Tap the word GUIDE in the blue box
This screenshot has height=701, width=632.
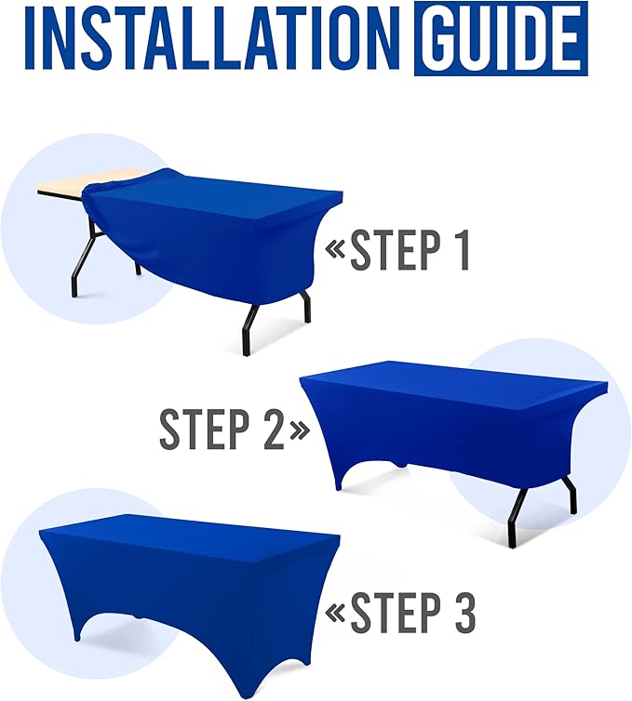501,40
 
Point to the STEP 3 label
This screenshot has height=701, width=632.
412,613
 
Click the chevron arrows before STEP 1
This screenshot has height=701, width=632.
335,248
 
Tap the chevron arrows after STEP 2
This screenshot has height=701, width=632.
299,429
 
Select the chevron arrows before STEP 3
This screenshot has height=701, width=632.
335,614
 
